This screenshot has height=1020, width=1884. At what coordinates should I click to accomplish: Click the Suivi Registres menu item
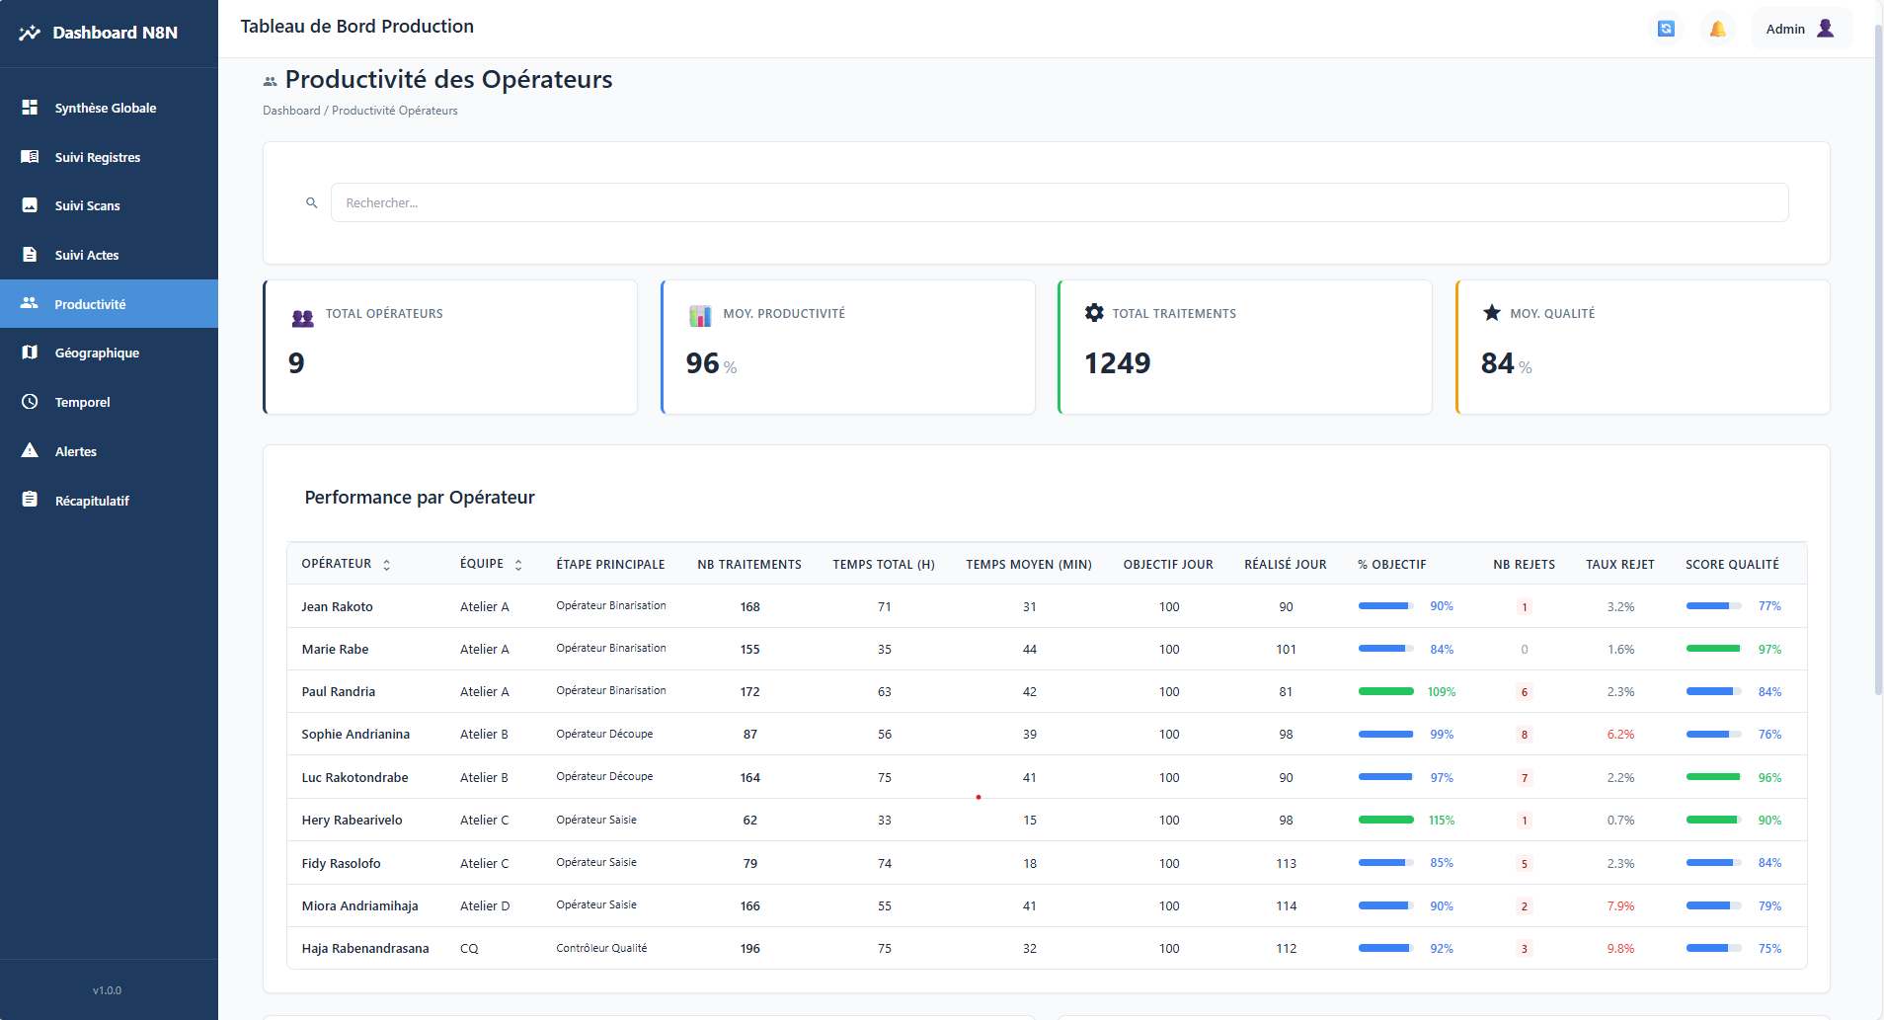click(x=97, y=157)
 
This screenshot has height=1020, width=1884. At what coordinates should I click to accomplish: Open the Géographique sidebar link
click(x=97, y=353)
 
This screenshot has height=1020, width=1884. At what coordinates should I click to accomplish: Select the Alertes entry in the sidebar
click(x=75, y=451)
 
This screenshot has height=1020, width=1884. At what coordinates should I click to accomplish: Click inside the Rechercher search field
click(x=1059, y=202)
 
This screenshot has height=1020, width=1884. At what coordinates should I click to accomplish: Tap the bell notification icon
click(x=1718, y=29)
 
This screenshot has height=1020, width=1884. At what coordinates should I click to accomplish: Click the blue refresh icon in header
click(x=1666, y=29)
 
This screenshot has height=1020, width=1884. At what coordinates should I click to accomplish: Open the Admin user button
click(x=1800, y=29)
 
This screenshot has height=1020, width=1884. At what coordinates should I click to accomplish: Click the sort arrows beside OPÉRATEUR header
click(x=387, y=565)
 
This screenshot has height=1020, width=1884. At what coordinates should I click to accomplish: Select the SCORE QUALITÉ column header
click(x=1732, y=564)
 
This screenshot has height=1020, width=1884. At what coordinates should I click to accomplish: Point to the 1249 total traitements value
click(x=1117, y=363)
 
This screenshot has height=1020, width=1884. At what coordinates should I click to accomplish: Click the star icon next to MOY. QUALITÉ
click(x=1492, y=313)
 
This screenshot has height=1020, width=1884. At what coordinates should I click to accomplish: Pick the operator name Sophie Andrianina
click(x=355, y=734)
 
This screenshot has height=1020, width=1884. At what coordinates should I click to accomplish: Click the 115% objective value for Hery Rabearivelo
click(x=1442, y=820)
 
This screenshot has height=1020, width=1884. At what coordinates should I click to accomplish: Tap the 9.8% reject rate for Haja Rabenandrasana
click(x=1620, y=948)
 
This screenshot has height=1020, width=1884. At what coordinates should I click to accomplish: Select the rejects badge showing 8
click(x=1525, y=735)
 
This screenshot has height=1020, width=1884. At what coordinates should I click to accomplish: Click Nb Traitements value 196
click(x=750, y=948)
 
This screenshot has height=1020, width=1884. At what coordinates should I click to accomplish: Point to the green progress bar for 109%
click(x=1385, y=691)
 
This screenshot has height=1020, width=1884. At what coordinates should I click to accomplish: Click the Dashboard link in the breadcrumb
click(x=291, y=111)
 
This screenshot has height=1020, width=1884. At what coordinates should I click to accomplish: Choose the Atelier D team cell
click(x=485, y=905)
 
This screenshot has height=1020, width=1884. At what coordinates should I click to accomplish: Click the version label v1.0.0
click(x=107, y=990)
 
